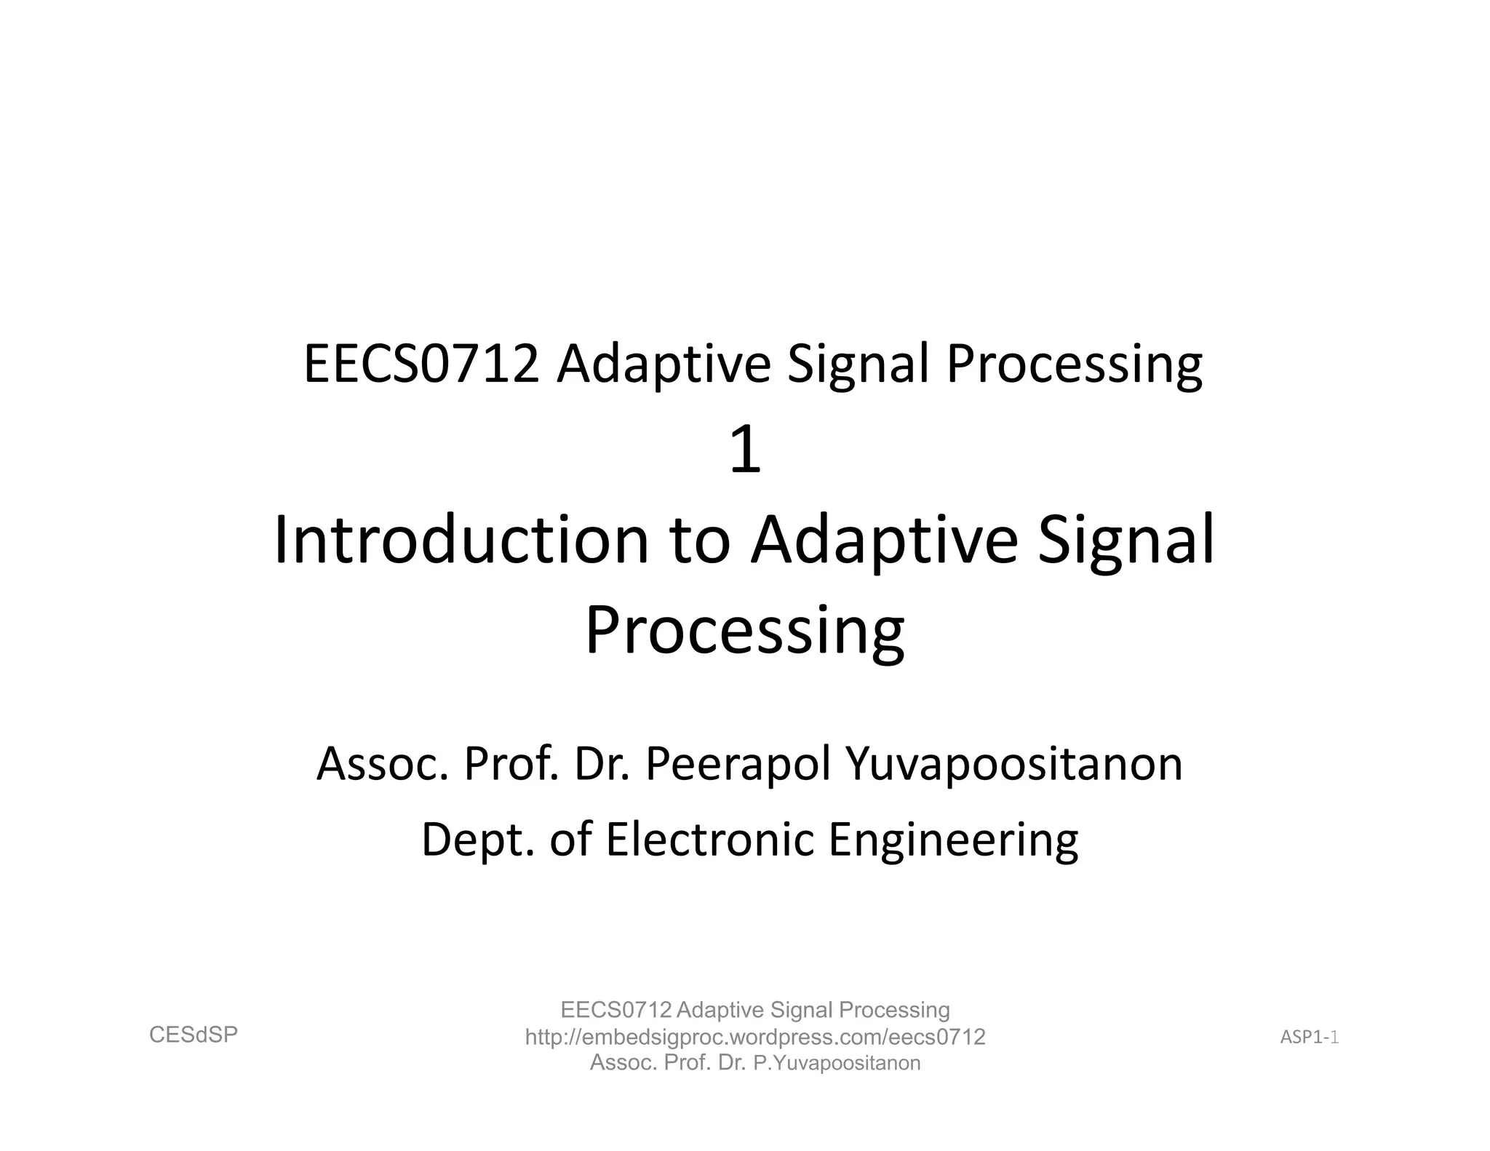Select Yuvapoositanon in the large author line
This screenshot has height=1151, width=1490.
1014,765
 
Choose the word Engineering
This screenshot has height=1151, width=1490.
953,840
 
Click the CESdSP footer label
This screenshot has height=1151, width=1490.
194,1035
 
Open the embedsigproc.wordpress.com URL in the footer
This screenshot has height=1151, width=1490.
755,1037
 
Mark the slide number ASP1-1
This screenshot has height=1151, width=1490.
1310,1038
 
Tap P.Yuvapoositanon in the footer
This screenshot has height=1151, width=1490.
837,1063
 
